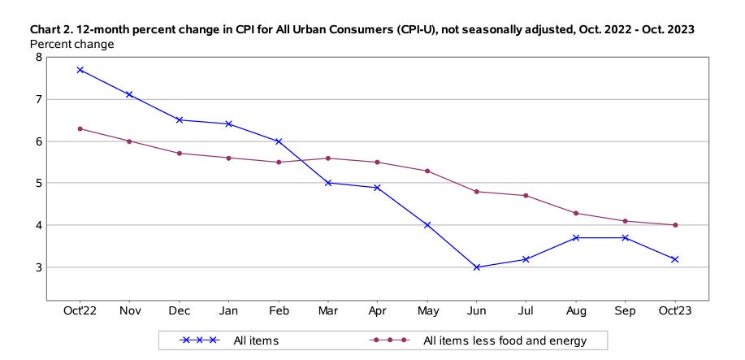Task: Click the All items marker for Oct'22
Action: point(80,70)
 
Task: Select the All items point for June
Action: point(476,267)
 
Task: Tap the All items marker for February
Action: point(278,141)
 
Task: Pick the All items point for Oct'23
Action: point(674,259)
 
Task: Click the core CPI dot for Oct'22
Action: point(80,128)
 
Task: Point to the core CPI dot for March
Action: point(327,158)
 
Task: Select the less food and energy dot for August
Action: point(575,213)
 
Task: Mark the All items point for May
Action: point(427,225)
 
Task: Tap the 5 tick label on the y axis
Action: point(37,184)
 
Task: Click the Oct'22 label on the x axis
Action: point(80,310)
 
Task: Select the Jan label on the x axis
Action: point(228,310)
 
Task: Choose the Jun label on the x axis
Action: point(476,310)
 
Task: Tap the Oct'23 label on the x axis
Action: point(674,310)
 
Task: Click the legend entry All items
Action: point(255,340)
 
